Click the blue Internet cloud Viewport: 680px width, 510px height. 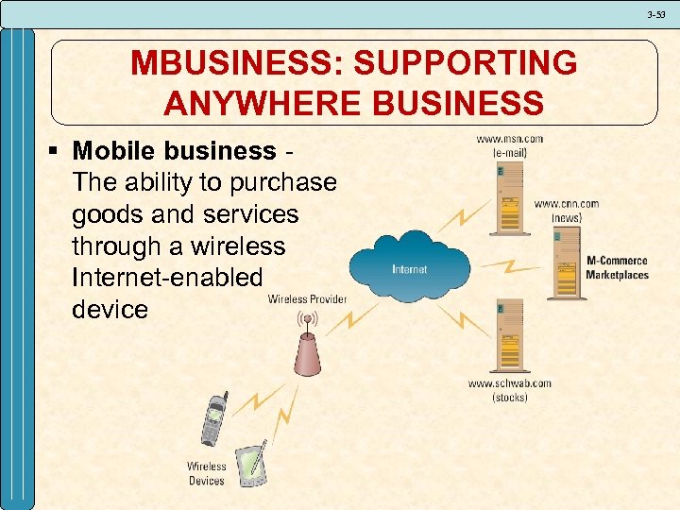click(409, 267)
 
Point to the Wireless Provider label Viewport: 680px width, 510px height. click(307, 299)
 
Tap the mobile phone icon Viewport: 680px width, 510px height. click(214, 418)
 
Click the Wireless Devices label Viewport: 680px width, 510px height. click(206, 473)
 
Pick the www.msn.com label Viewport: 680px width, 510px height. click(509, 140)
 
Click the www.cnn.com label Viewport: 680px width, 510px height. click(567, 203)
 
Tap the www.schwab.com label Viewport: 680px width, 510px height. click(510, 383)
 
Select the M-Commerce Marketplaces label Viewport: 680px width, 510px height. click(618, 267)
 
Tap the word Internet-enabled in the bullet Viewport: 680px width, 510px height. click(166, 277)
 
